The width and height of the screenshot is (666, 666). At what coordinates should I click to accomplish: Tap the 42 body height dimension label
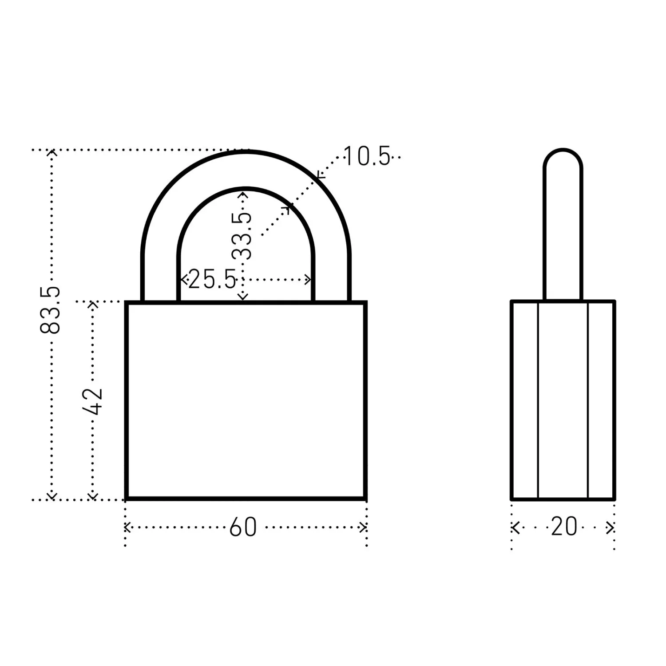[93, 401]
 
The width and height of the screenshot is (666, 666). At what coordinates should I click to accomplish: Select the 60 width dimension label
[243, 527]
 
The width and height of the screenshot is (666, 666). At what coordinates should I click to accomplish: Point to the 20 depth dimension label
[564, 527]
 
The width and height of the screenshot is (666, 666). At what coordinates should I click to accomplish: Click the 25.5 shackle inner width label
[212, 280]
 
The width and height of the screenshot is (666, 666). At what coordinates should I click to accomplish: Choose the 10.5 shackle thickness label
[367, 157]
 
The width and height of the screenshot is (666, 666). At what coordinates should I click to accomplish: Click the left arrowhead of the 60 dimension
[127, 527]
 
